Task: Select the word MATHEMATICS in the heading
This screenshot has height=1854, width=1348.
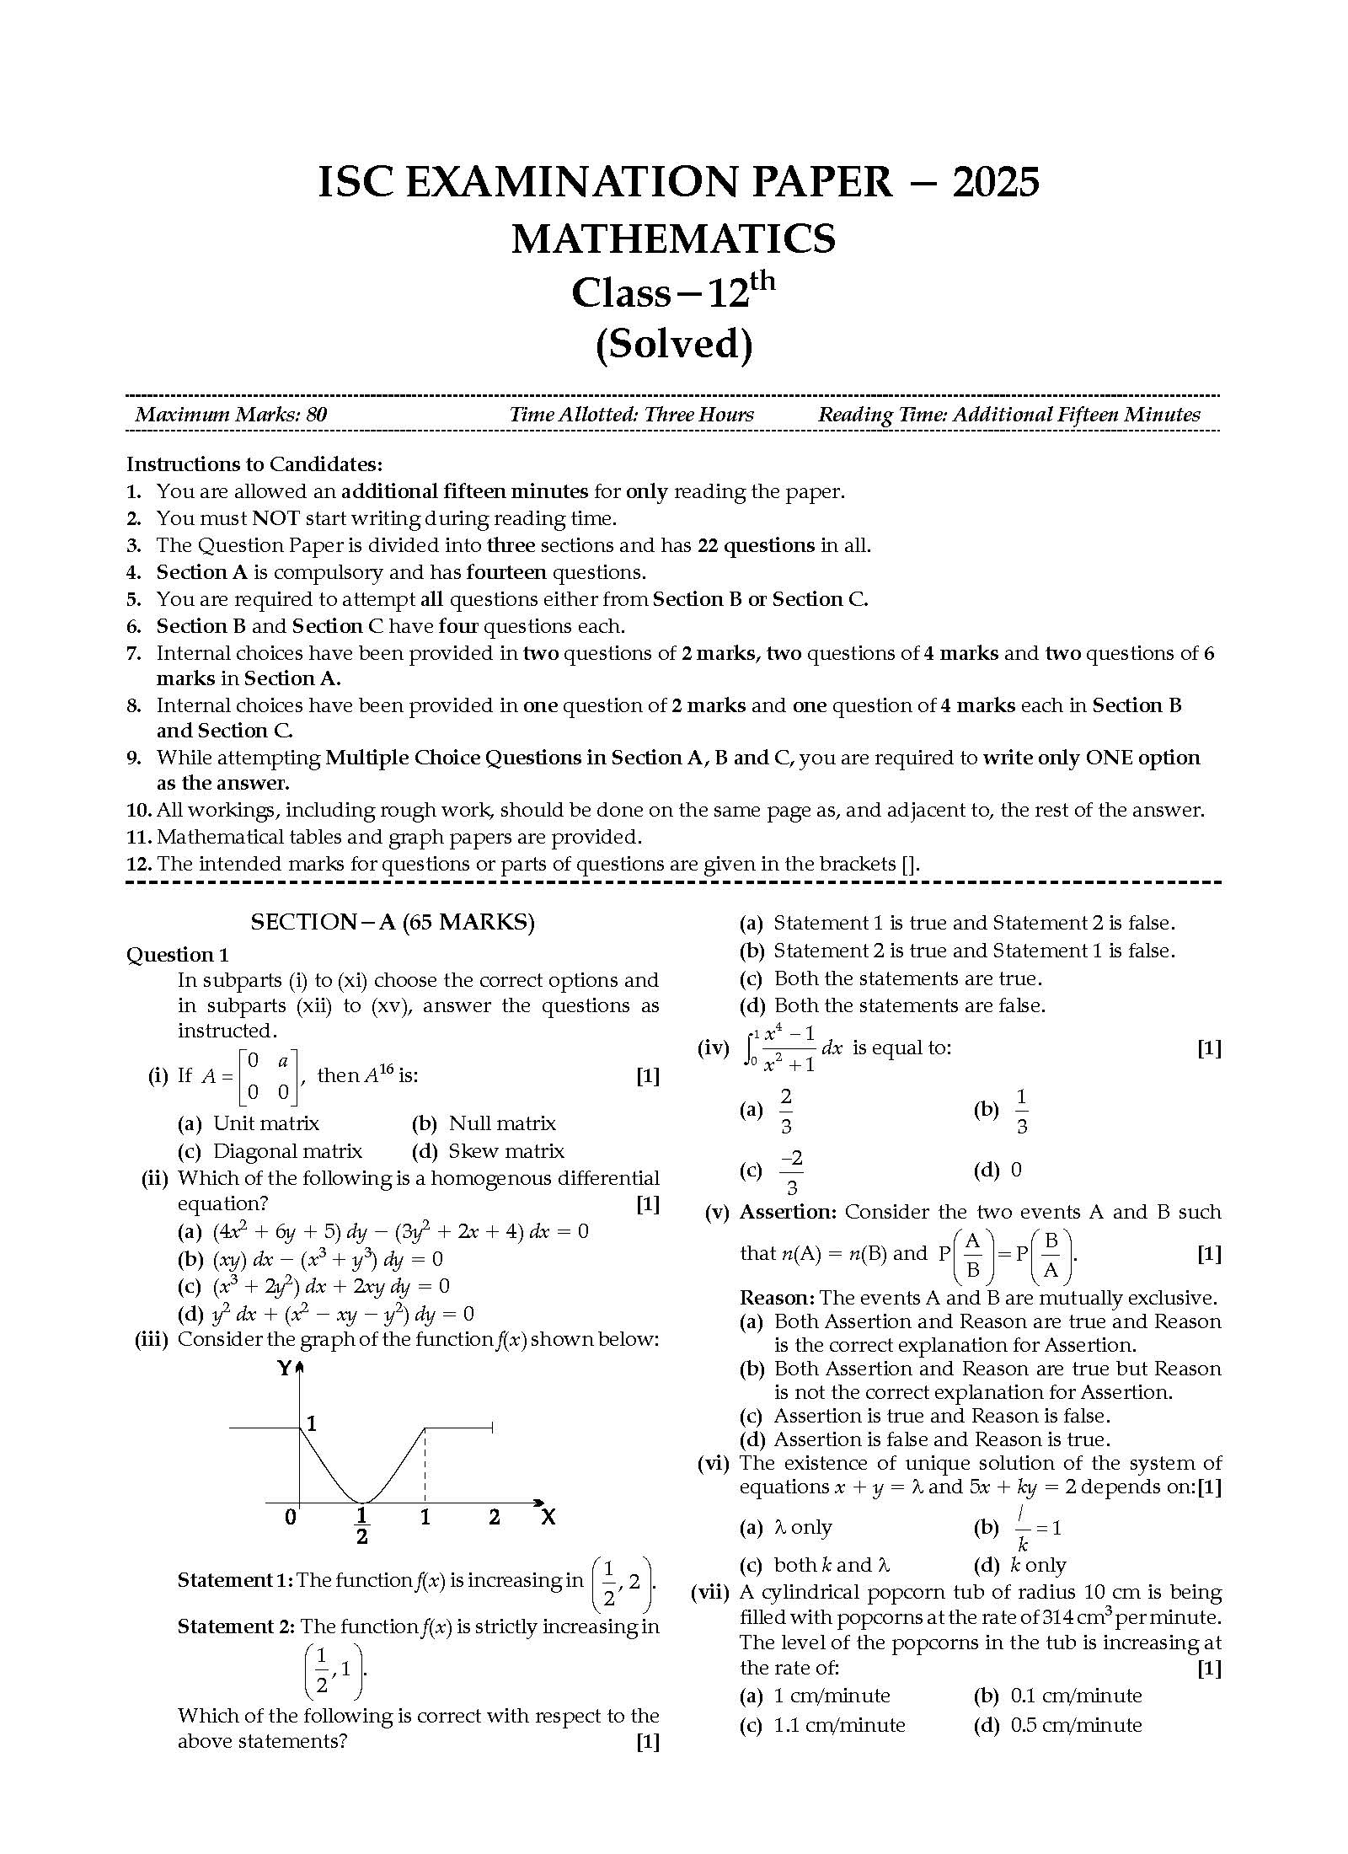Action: pyautogui.click(x=673, y=238)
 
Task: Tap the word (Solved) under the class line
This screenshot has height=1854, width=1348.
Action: pyautogui.click(x=673, y=345)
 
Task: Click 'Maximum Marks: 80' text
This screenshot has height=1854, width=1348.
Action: pyautogui.click(x=231, y=415)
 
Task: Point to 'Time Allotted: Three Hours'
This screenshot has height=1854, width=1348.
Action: pyautogui.click(x=631, y=415)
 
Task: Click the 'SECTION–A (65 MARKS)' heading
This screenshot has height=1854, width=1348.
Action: pyautogui.click(x=393, y=922)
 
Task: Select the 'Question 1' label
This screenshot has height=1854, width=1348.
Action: pyautogui.click(x=177, y=955)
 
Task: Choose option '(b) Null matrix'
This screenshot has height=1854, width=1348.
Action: pyautogui.click(x=484, y=1123)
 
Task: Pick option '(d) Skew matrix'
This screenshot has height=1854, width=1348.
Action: pyautogui.click(x=488, y=1151)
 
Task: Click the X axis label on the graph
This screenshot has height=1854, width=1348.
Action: pyautogui.click(x=548, y=1518)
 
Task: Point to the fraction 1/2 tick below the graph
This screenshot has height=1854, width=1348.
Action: pyautogui.click(x=362, y=1526)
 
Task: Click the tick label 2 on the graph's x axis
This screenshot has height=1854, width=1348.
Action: pyautogui.click(x=495, y=1518)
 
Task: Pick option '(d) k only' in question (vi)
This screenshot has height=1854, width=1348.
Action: pyautogui.click(x=1020, y=1566)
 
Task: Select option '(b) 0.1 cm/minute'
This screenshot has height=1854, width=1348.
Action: pyautogui.click(x=1058, y=1696)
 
